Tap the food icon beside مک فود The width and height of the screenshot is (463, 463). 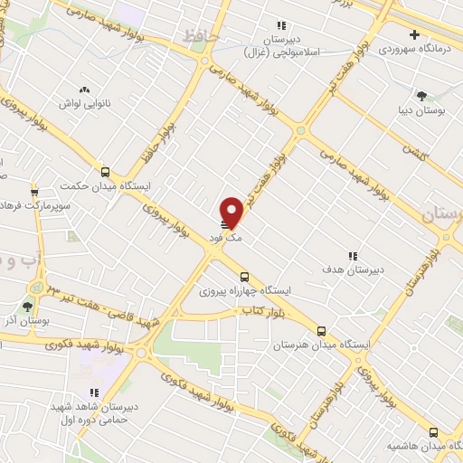pyautogui.click(x=225, y=223)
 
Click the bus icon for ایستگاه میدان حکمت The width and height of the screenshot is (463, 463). pyautogui.click(x=106, y=172)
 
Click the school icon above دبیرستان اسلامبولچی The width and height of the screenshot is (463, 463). pyautogui.click(x=281, y=25)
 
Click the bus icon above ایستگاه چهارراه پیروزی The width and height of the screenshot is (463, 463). pyautogui.click(x=243, y=278)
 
